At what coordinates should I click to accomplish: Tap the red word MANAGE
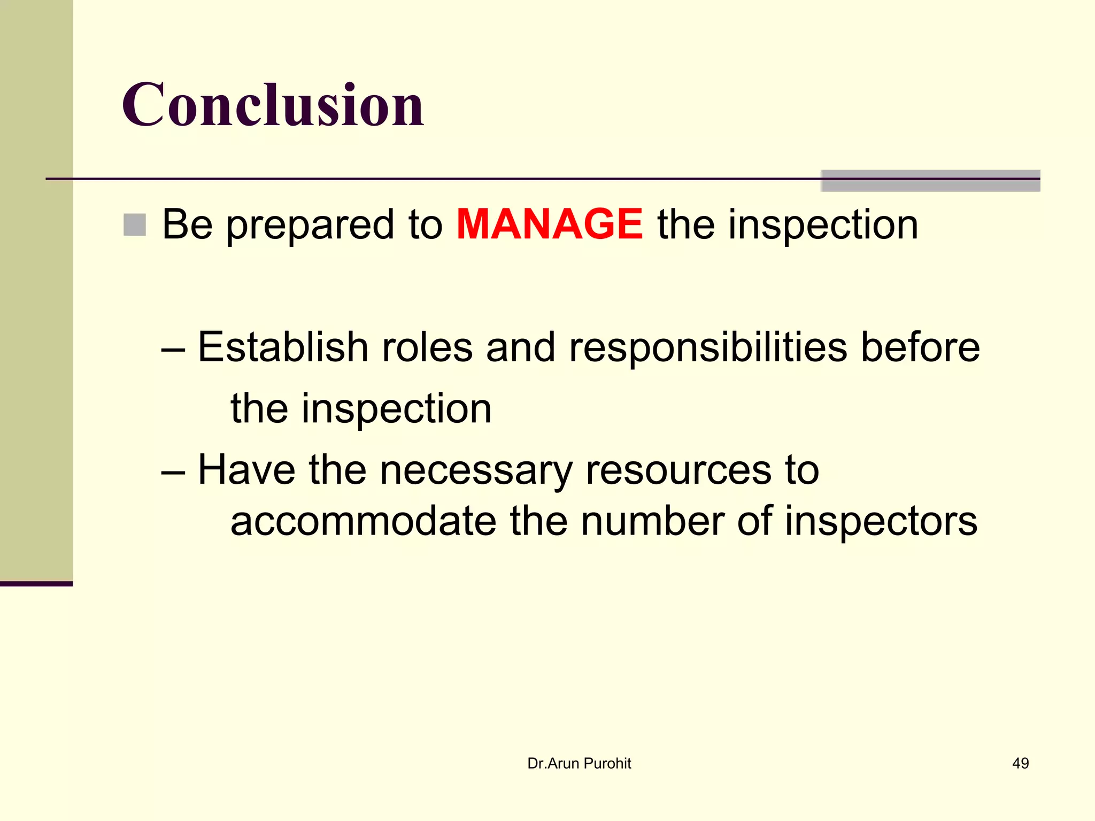(549, 224)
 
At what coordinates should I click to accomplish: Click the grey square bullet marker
(134, 224)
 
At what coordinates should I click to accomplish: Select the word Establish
(283, 347)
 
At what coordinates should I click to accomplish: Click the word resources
(678, 471)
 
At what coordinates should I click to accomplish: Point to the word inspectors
(881, 523)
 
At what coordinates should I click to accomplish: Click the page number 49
(1020, 763)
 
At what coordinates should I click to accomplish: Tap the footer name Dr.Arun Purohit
(579, 763)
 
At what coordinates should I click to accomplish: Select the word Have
(246, 470)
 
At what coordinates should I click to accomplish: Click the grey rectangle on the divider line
(930, 181)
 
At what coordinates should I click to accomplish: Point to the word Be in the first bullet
(187, 224)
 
